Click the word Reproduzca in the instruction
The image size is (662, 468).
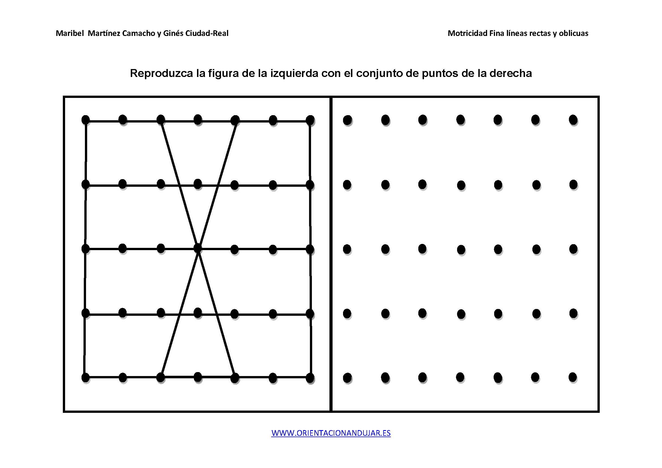coord(161,74)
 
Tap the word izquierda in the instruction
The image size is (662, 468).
coord(294,74)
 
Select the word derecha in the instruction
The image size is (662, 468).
coord(511,73)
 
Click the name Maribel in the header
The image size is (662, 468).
coord(70,33)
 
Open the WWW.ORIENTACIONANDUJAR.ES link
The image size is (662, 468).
coord(331,433)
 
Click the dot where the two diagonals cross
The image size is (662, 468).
coord(198,248)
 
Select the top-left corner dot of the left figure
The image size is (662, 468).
coord(86,120)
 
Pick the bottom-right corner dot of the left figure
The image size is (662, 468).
coord(310,378)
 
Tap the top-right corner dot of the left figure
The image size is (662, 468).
coord(310,120)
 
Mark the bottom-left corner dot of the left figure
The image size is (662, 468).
coord(86,377)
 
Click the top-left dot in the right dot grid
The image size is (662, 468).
coord(348,120)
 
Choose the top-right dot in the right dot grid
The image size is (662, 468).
coord(573,120)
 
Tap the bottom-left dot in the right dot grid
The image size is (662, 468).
coord(348,377)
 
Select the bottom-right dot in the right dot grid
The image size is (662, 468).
coord(573,377)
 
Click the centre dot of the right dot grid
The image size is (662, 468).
coord(461,249)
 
